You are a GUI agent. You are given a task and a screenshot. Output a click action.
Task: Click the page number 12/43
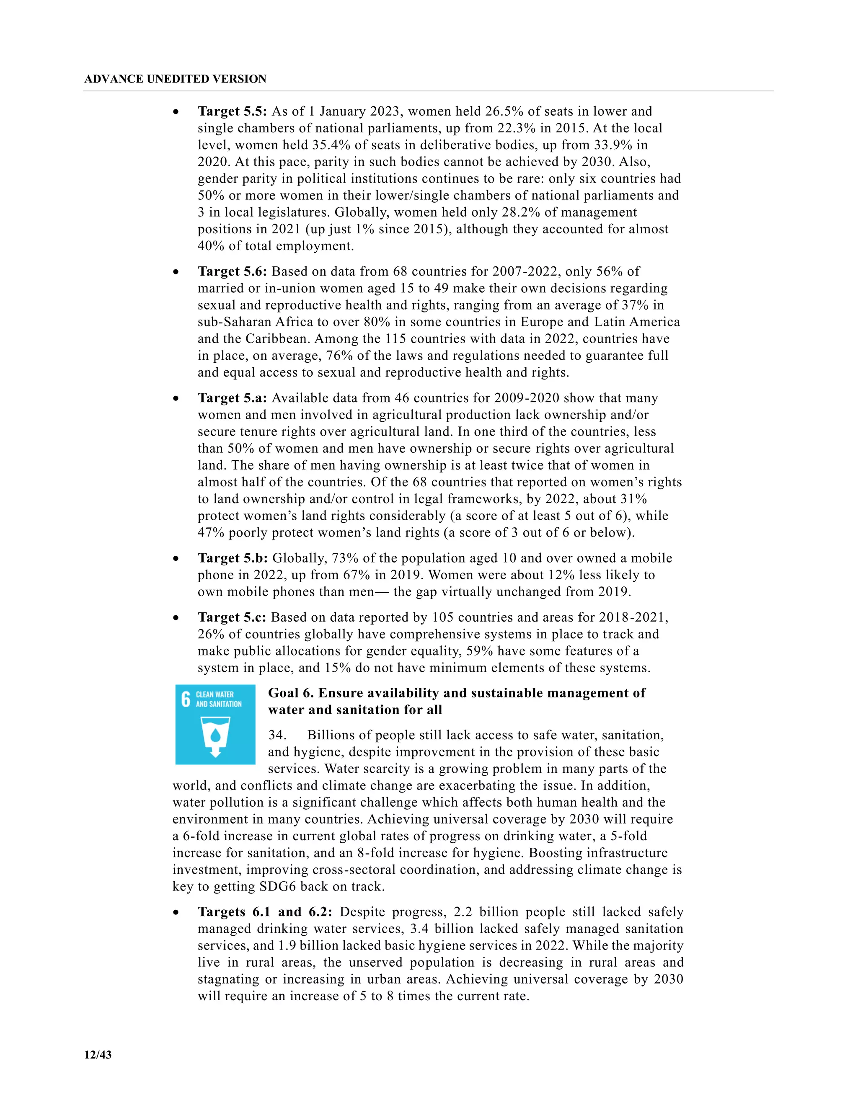[98, 1055]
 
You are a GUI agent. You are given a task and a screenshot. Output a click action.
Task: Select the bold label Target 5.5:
[232, 111]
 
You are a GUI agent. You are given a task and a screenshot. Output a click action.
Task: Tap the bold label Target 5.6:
[232, 271]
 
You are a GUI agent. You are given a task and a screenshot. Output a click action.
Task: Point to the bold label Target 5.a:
[232, 398]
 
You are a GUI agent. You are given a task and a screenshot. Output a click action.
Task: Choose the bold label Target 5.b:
[232, 558]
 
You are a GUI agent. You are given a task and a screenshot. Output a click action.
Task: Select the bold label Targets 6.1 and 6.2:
[265, 912]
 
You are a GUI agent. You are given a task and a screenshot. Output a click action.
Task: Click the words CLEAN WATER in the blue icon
[214, 694]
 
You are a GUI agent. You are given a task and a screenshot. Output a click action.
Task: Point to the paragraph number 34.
[277, 736]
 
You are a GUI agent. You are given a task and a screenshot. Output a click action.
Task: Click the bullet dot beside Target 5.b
[176, 558]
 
